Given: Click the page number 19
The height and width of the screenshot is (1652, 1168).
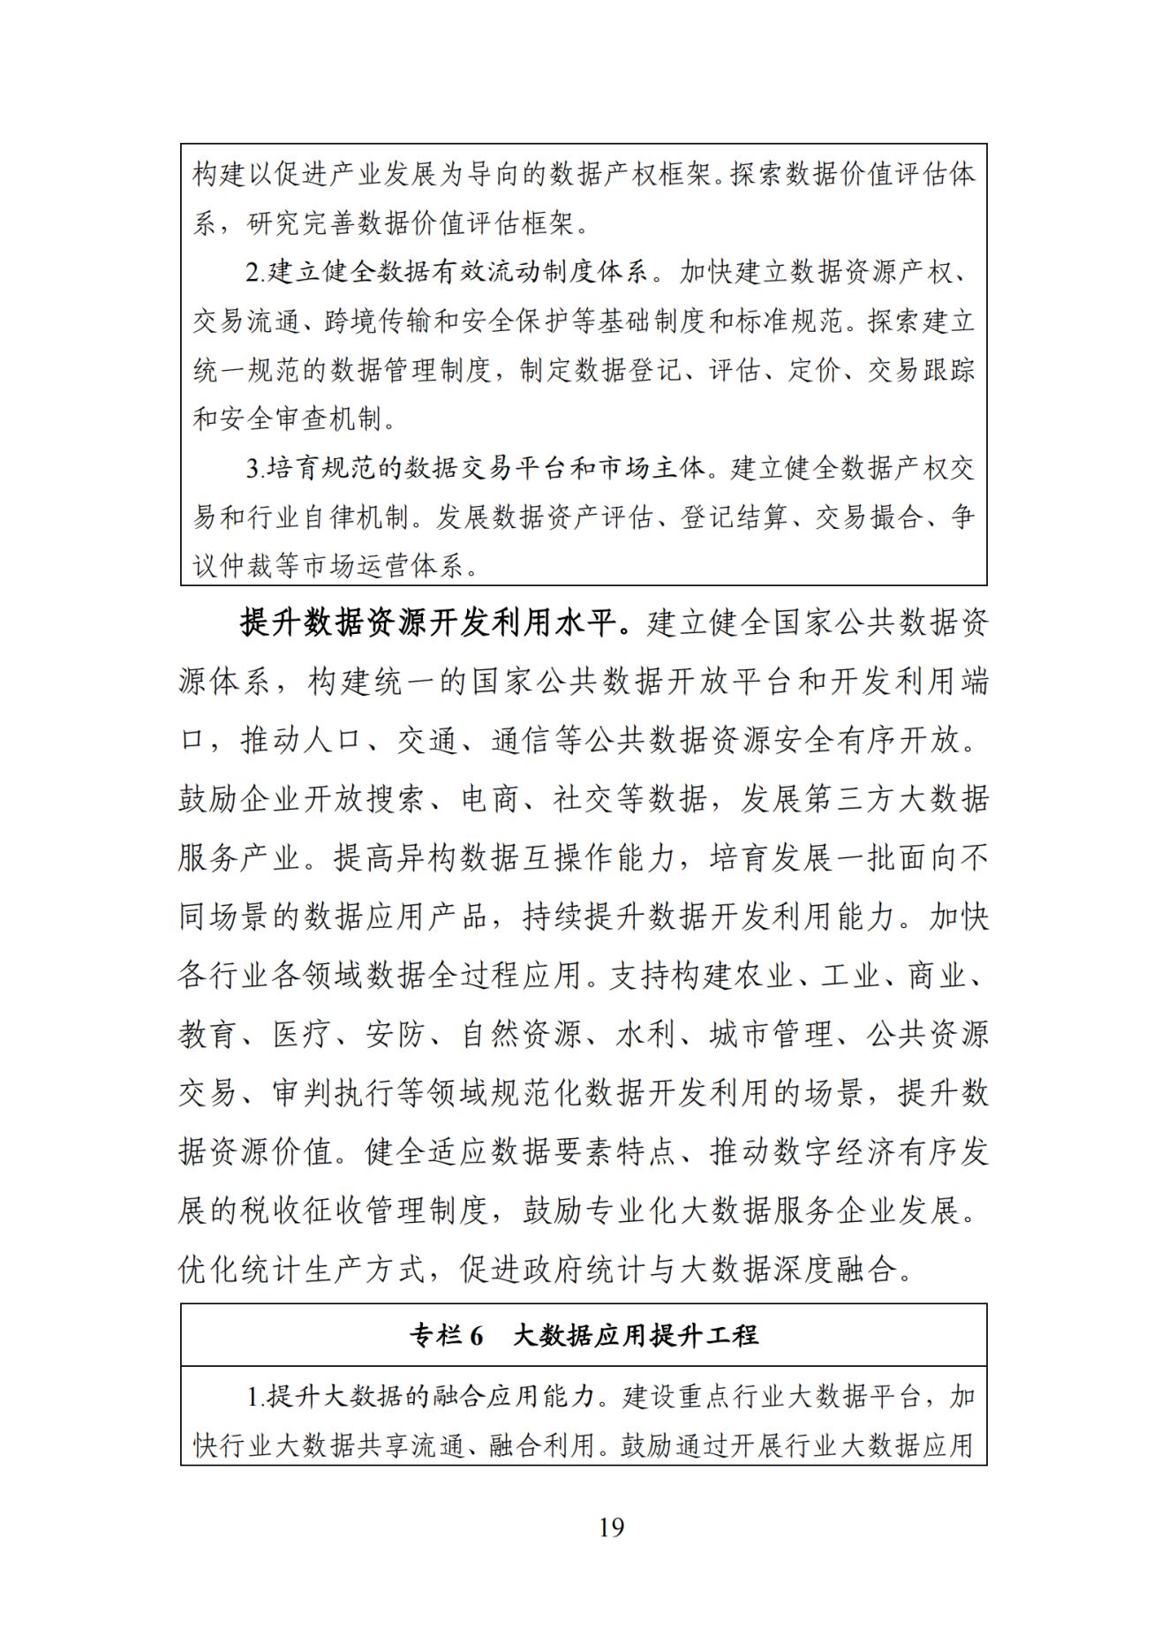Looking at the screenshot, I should pyautogui.click(x=611, y=1527).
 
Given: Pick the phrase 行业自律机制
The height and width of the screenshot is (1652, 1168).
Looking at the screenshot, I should pyautogui.click(x=329, y=517).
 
